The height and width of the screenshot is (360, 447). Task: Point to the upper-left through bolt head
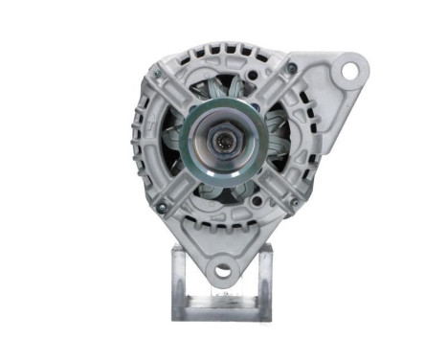pos(159,71)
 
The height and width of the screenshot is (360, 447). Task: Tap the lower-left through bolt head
pos(161,205)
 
